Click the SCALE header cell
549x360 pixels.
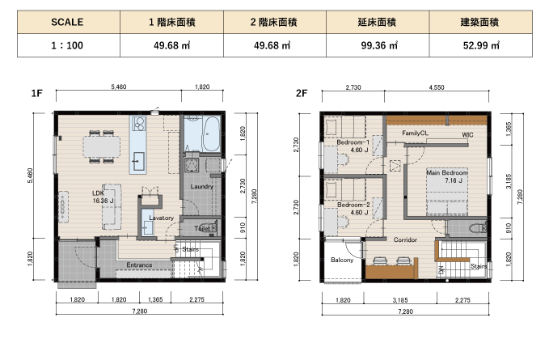(68, 22)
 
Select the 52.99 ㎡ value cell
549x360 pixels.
(481, 45)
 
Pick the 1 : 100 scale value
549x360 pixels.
(68, 45)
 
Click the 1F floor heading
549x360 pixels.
(36, 93)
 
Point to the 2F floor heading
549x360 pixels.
(302, 93)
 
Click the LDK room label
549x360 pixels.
(98, 193)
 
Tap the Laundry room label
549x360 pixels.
(201, 186)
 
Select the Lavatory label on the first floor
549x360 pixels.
(162, 218)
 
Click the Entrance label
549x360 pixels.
(139, 265)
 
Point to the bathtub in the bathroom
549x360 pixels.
(211, 133)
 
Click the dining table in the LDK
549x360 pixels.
(102, 146)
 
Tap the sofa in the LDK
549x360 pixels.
(112, 207)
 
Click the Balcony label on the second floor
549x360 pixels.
(342, 260)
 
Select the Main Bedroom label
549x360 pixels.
(447, 172)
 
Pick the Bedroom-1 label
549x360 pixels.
(353, 142)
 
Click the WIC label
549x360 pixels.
(467, 135)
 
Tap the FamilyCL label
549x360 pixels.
(415, 133)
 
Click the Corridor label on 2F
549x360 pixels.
(405, 240)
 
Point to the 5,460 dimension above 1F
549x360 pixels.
(119, 87)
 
